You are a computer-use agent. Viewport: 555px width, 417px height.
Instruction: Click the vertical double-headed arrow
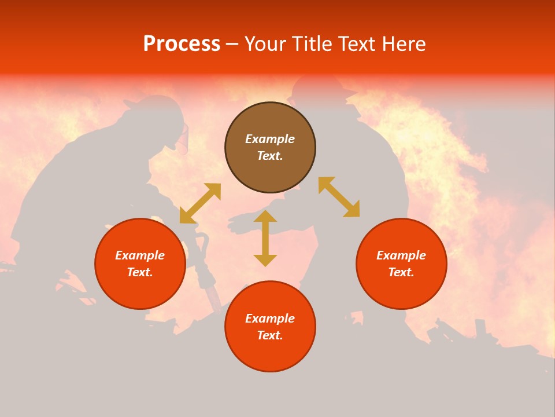tap(265, 239)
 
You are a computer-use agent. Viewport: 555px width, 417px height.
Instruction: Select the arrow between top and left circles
tap(200, 203)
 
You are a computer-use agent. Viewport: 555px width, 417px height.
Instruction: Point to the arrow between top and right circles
tap(339, 197)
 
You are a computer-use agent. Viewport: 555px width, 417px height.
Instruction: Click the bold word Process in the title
tap(182, 44)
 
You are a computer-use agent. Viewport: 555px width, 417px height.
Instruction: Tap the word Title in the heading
tap(313, 44)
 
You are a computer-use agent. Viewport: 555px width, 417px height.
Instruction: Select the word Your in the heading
tap(267, 44)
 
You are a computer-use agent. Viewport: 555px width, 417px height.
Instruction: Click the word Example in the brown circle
tap(270, 139)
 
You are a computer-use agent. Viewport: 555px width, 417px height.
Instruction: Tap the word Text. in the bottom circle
tap(270, 335)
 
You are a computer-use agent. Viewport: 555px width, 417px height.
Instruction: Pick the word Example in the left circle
tap(140, 255)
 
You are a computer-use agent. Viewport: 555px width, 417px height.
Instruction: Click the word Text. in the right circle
tap(401, 272)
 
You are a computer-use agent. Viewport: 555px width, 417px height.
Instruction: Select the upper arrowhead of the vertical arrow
tap(265, 216)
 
